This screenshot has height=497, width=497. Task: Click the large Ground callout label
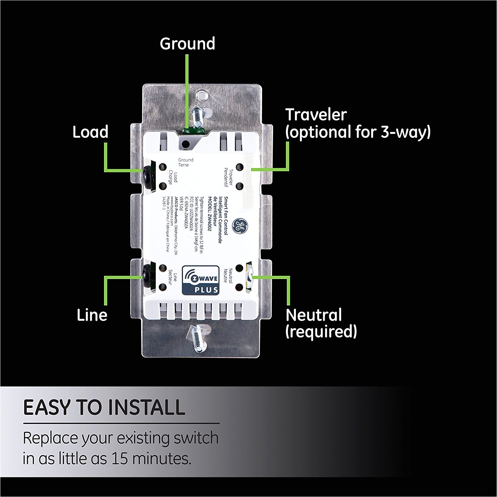187,44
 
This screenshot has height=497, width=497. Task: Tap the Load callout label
90,132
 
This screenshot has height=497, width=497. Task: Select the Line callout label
92,315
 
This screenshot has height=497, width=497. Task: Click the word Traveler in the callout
316,115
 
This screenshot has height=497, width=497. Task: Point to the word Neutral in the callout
313,315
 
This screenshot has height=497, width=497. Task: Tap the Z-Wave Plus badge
200,280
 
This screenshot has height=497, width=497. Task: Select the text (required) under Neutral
321,331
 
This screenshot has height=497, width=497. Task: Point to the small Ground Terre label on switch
186,162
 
